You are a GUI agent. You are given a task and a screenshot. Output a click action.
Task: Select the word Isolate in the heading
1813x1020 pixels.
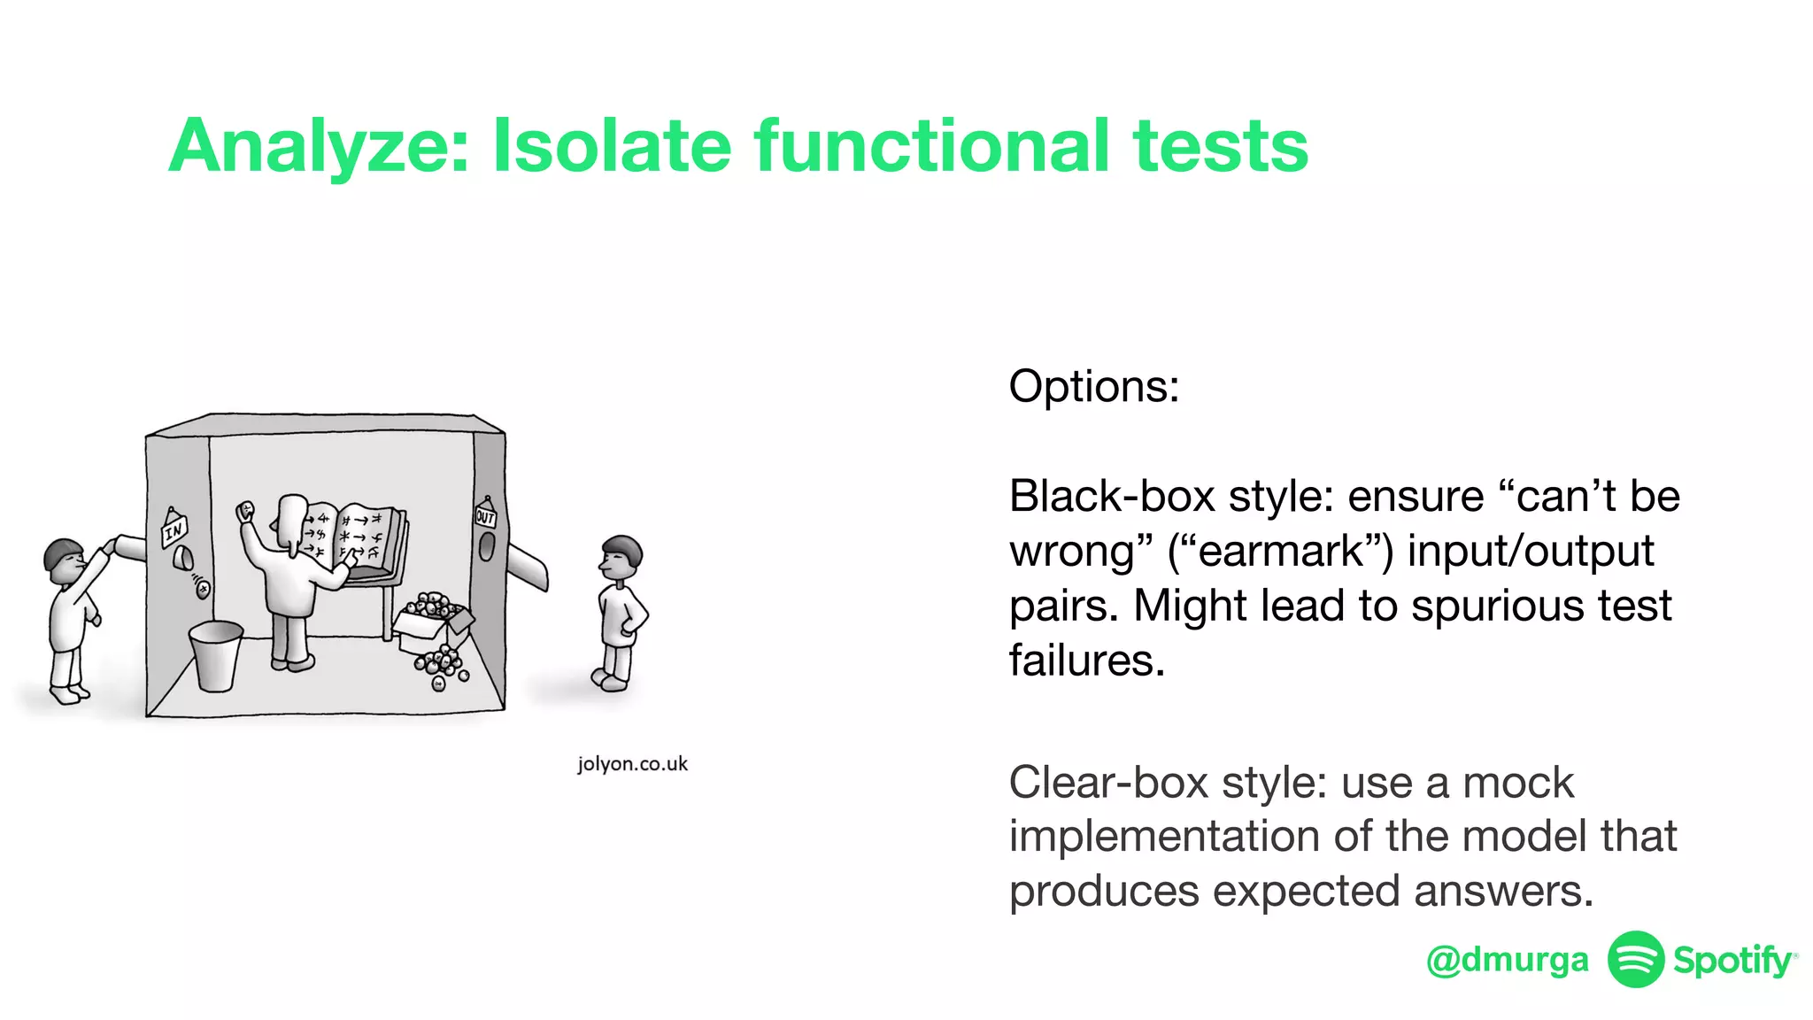(611, 146)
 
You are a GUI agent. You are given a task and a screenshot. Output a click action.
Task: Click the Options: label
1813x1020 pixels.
(1093, 387)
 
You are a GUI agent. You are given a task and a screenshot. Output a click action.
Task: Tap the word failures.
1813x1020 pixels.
(1086, 661)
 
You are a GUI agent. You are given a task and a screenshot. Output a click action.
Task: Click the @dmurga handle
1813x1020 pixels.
(1507, 960)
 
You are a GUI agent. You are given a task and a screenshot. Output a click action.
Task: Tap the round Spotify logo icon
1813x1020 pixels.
(1635, 959)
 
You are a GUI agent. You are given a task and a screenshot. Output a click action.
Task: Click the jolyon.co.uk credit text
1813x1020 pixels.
(632, 764)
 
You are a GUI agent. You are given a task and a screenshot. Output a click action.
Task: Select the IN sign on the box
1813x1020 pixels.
(174, 529)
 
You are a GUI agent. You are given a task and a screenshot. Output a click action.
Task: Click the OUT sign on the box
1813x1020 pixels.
(485, 516)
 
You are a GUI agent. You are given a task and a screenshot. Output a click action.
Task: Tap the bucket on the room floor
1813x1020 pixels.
(216, 655)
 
